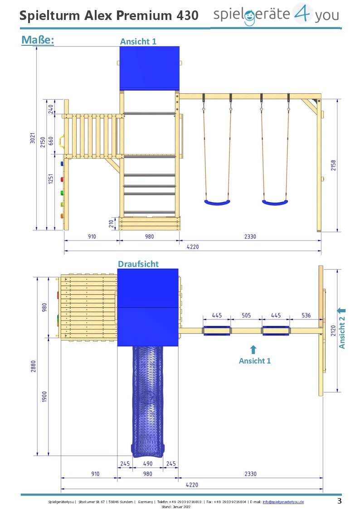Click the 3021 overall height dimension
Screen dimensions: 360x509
point(33,138)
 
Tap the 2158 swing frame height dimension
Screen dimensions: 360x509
point(333,165)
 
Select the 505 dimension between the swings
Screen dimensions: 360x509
point(246,315)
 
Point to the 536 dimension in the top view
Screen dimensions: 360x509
point(306,315)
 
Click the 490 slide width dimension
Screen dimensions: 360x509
point(148,464)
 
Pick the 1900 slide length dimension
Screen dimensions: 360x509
point(44,396)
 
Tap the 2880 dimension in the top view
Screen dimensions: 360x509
point(33,366)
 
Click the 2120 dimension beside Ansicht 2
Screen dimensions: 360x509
point(333,330)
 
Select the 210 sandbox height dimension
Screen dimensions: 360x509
point(111,223)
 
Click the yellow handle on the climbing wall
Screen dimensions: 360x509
point(61,141)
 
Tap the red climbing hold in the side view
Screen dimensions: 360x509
point(62,179)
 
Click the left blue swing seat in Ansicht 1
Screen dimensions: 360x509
point(217,203)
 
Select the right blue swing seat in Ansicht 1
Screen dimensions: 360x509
point(275,203)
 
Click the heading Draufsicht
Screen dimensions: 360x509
point(138,264)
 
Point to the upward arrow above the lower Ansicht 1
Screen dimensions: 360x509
point(253,349)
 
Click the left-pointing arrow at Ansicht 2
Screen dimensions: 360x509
point(341,310)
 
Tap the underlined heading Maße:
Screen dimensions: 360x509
point(38,40)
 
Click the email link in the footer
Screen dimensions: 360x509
point(283,502)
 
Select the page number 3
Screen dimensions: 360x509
point(340,501)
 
